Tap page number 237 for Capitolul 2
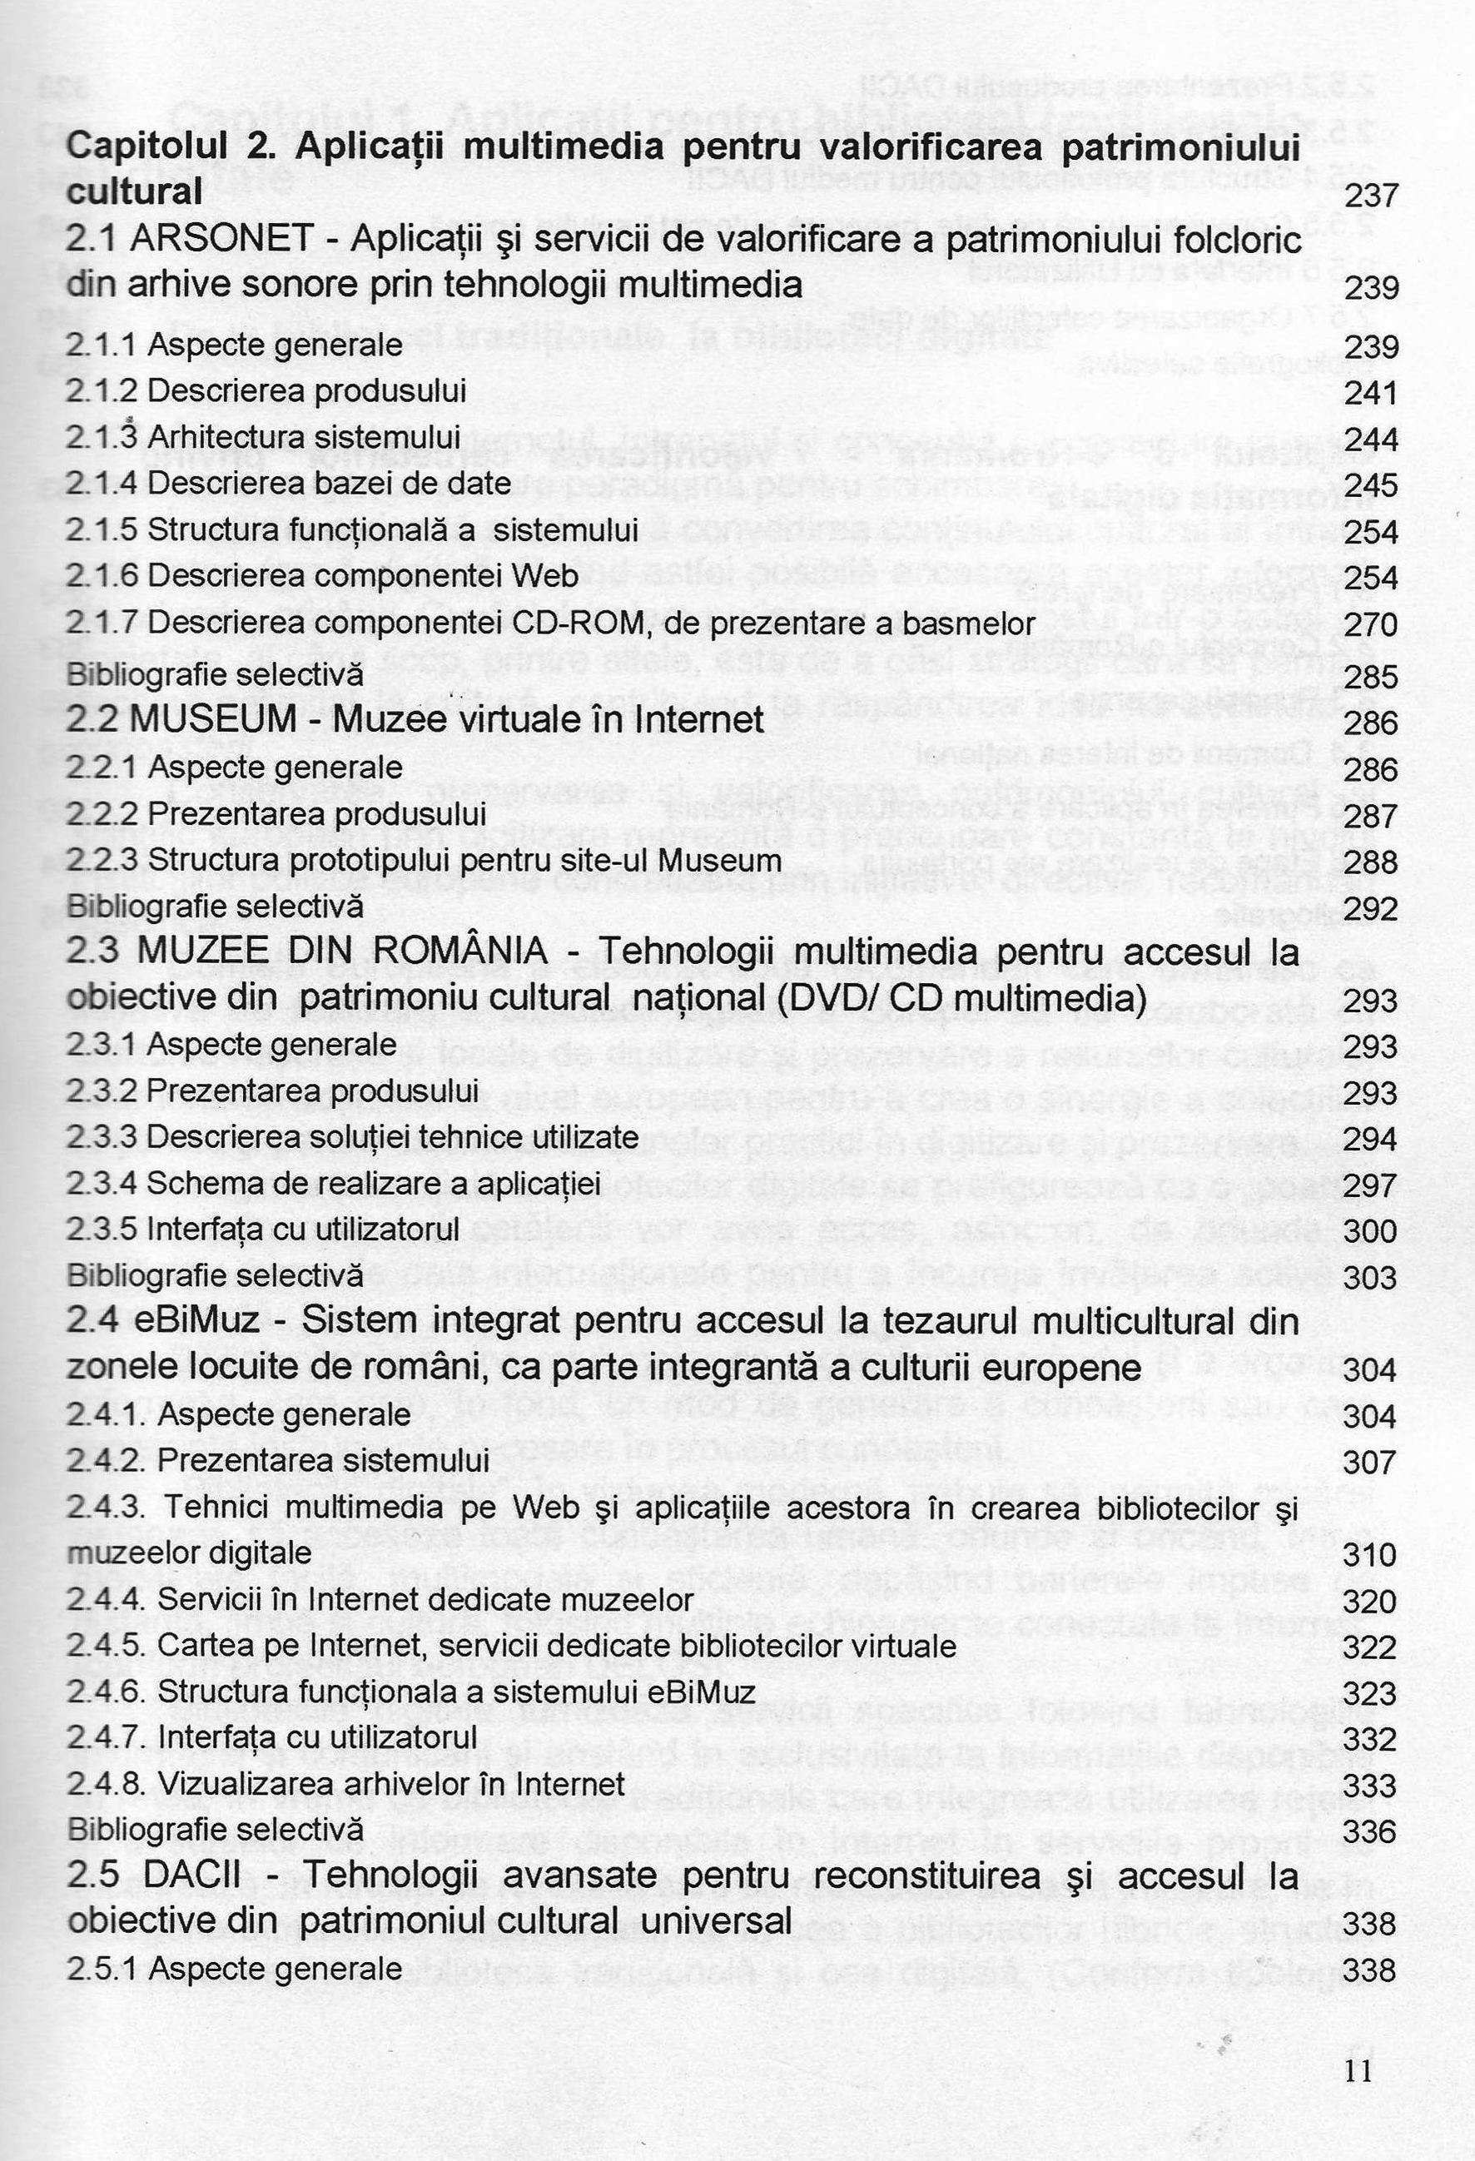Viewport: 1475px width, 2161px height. (1371, 196)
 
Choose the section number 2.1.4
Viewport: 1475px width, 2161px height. (103, 484)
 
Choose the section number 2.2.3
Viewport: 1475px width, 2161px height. (103, 860)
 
